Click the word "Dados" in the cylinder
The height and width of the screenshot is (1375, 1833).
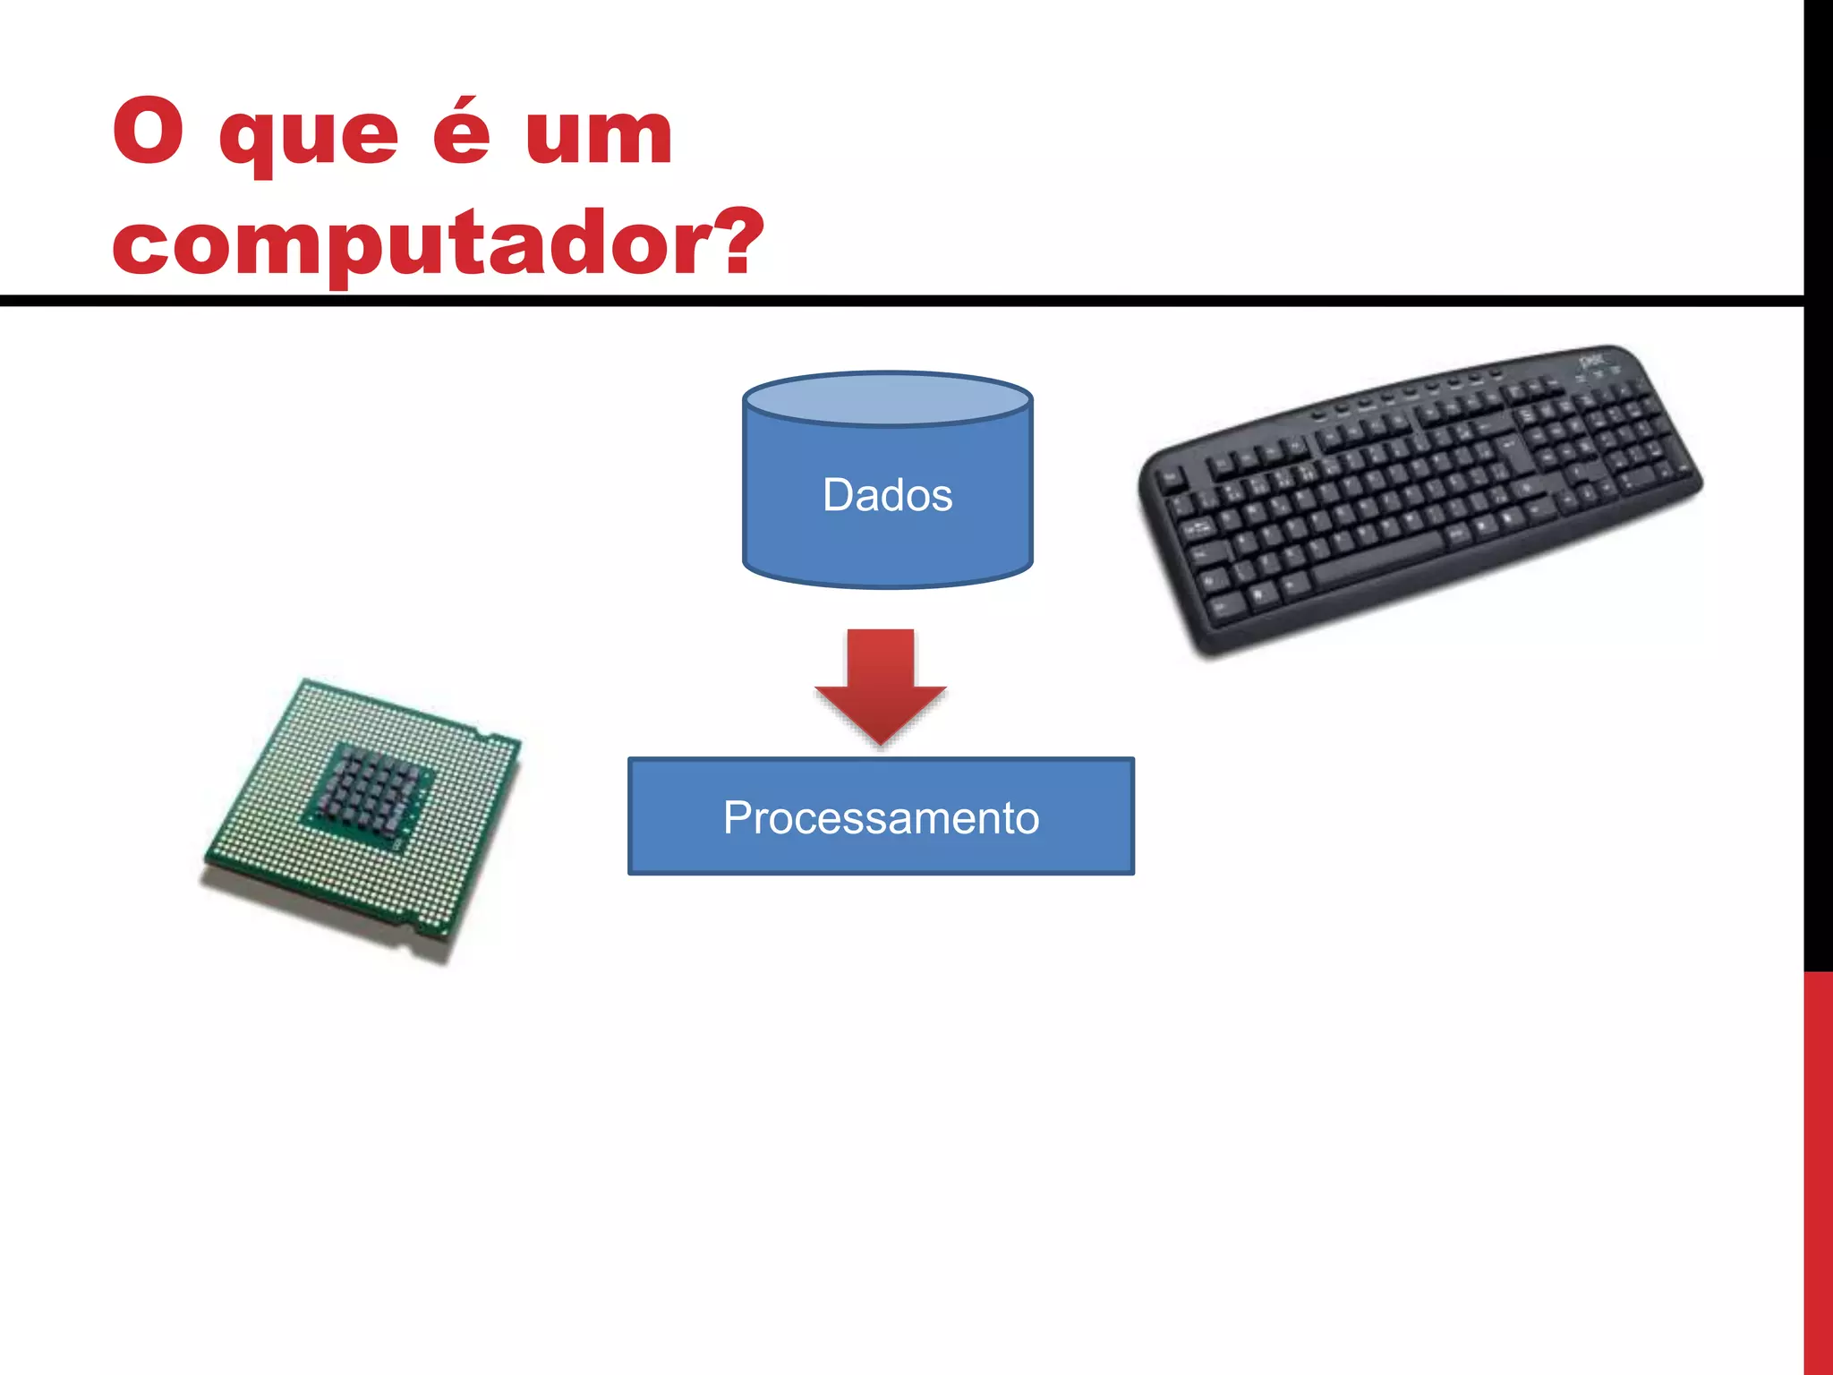coord(887,495)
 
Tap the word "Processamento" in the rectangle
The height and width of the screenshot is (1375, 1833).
coord(881,817)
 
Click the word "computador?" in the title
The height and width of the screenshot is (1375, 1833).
coord(437,243)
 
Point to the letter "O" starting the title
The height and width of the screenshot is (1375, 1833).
coord(148,132)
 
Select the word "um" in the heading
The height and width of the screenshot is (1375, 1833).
coord(598,136)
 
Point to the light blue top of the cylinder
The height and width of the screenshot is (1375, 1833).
coord(887,399)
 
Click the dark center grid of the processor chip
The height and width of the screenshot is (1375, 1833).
coord(367,787)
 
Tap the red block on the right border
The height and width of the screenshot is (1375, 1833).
coord(1818,1173)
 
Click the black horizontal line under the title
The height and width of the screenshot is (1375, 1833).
coord(895,301)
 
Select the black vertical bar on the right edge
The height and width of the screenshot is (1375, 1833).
coord(1818,483)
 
